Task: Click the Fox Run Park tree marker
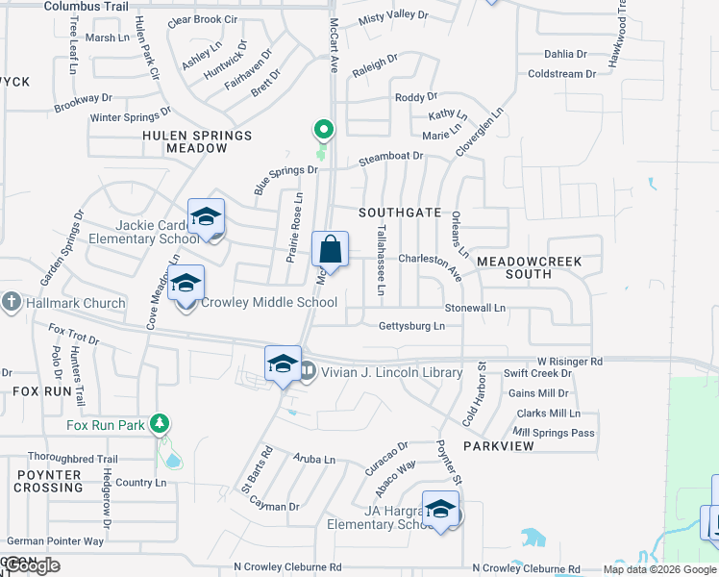tap(160, 424)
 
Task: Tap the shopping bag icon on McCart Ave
tap(330, 250)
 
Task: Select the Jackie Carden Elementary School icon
tap(206, 218)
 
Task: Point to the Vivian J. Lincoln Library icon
tap(308, 370)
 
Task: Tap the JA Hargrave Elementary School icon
tap(440, 511)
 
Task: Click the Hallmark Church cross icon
tap(11, 303)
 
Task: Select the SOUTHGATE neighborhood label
tap(400, 213)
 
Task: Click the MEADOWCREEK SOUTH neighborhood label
tap(528, 267)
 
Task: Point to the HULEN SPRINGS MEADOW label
tap(196, 141)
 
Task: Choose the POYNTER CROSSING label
tap(48, 481)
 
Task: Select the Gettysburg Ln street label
tap(411, 326)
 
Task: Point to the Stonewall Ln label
tap(475, 308)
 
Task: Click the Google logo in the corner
tap(32, 565)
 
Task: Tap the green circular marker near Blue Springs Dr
tap(324, 129)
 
